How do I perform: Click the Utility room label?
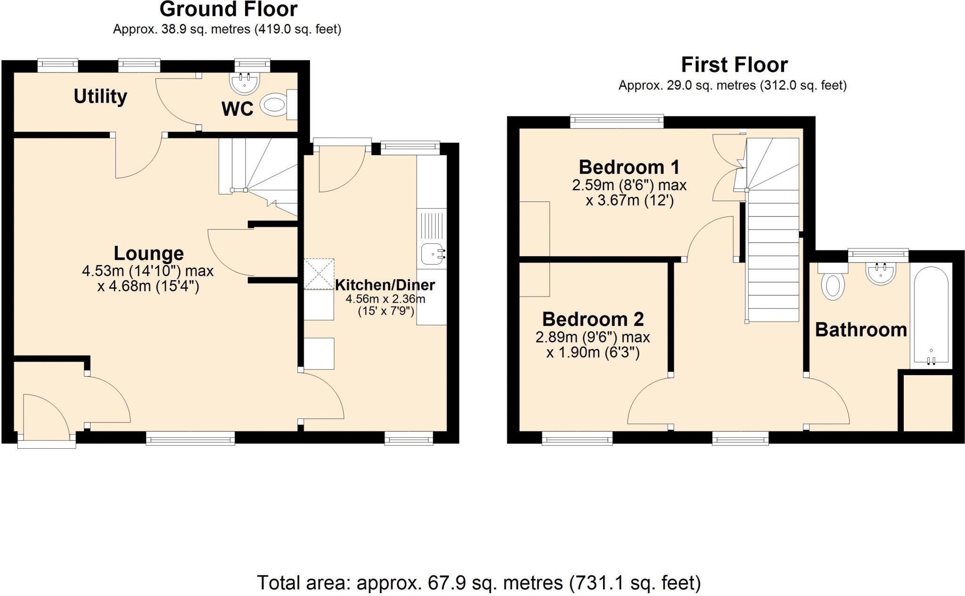click(x=100, y=97)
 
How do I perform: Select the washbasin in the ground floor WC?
click(x=244, y=84)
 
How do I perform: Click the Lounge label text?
click(x=148, y=253)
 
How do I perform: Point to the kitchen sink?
click(x=431, y=255)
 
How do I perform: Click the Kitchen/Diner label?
click(x=385, y=285)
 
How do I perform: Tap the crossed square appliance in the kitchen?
click(x=319, y=274)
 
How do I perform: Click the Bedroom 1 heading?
click(x=629, y=167)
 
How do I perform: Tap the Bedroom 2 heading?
click(x=593, y=319)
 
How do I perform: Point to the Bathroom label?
click(x=861, y=330)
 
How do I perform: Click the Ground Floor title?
click(x=229, y=9)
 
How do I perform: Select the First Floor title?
click(x=734, y=64)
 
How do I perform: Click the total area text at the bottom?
click(x=479, y=583)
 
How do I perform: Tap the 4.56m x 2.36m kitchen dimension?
click(x=385, y=299)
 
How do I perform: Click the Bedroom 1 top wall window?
click(x=616, y=121)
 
